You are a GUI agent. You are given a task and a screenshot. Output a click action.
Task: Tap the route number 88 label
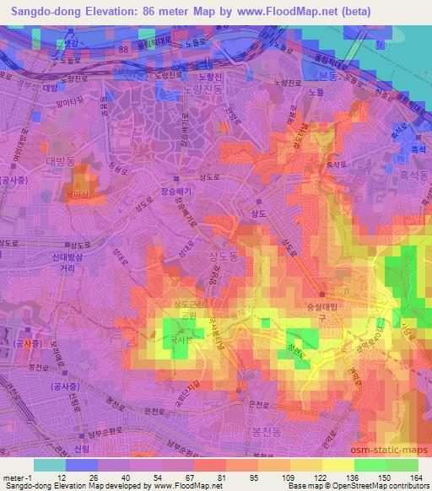pos(125,50)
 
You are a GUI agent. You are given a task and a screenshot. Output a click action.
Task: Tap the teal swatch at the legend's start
pos(49,465)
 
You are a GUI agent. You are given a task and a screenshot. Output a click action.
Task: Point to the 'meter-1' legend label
pos(17,477)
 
